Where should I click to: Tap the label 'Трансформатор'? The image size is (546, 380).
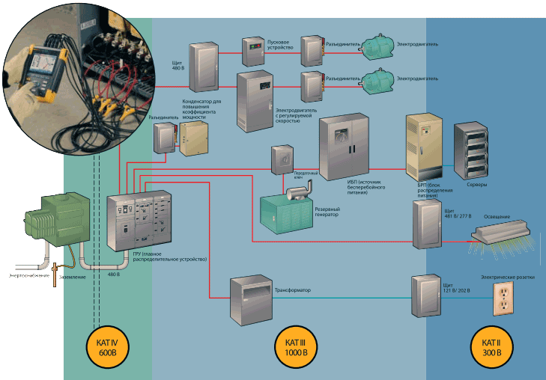pyautogui.click(x=293, y=289)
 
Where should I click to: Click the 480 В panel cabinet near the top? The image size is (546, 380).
pyautogui.click(x=201, y=65)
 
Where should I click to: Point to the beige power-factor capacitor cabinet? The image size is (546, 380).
pyautogui.click(x=197, y=138)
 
